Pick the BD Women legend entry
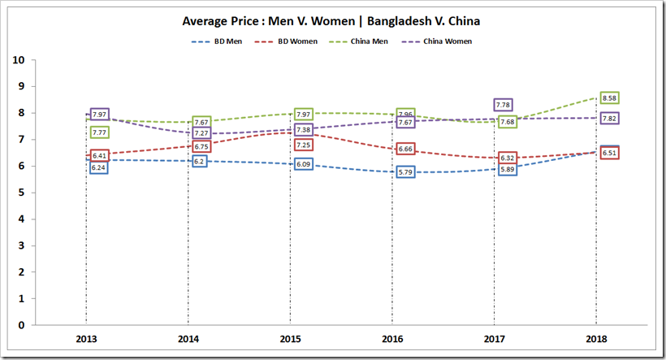[x=296, y=40]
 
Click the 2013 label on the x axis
[x=86, y=338]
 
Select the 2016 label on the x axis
[x=393, y=338]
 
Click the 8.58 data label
[x=609, y=98]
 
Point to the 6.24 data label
[x=99, y=167]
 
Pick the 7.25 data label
[x=304, y=145]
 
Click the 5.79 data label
[x=406, y=172]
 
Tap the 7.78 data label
[x=503, y=105]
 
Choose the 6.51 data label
[x=609, y=153]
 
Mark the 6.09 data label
[x=304, y=164]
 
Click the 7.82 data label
[x=609, y=119]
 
